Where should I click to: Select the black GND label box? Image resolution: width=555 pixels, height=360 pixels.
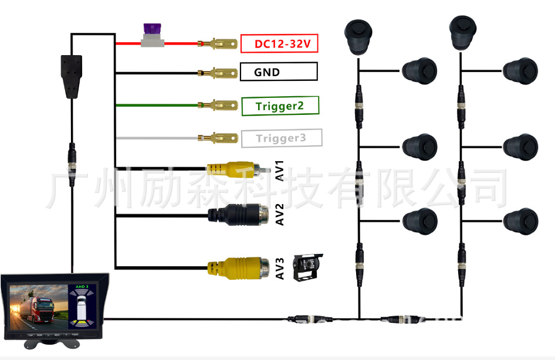tap(279, 72)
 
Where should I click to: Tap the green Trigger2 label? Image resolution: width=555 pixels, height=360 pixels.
tap(280, 106)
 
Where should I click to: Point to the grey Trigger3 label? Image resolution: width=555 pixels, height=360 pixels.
tap(281, 138)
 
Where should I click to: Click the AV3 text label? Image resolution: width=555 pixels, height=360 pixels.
tap(280, 268)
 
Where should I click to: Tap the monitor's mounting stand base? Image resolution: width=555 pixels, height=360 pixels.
tap(55, 343)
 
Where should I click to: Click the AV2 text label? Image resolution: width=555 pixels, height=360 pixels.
tap(280, 215)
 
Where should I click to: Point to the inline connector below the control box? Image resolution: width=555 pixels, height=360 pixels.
tap(72, 158)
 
